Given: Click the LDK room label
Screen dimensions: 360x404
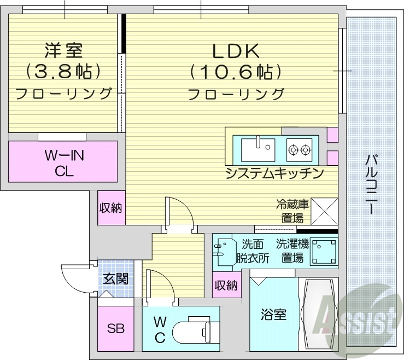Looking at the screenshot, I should pos(235,51).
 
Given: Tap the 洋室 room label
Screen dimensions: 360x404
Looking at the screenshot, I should pos(63,51).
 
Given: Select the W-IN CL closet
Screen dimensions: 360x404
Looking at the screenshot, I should pos(63,161).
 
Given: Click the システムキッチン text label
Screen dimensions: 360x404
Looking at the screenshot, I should pos(274,173).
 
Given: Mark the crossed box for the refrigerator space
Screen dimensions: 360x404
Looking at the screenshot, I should pos(324,211).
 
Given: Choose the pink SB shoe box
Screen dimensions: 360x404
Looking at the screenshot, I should pos(115,329).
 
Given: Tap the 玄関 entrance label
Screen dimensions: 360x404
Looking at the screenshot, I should pos(116,278).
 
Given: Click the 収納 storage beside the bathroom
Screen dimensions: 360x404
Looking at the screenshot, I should pos(226,286).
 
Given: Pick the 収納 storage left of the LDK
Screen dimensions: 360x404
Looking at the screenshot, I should pos(111,208).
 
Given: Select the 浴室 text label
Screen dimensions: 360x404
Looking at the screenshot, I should pos(273,315).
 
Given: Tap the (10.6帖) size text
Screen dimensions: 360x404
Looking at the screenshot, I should pos(235,72).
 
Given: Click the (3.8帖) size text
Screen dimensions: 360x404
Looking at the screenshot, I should pos(63,72).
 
